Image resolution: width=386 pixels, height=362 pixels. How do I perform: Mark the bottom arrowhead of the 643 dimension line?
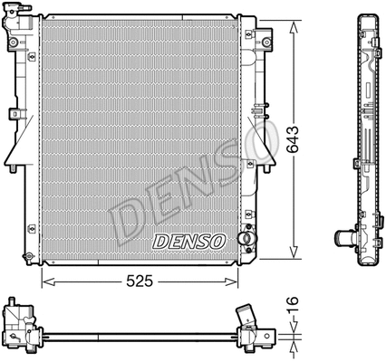coord(293,256)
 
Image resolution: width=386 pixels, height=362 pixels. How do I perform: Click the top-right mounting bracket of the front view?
coord(265,41)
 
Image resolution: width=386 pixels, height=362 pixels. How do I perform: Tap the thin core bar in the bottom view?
coord(136,337)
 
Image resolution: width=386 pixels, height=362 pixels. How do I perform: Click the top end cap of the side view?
coord(366,18)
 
